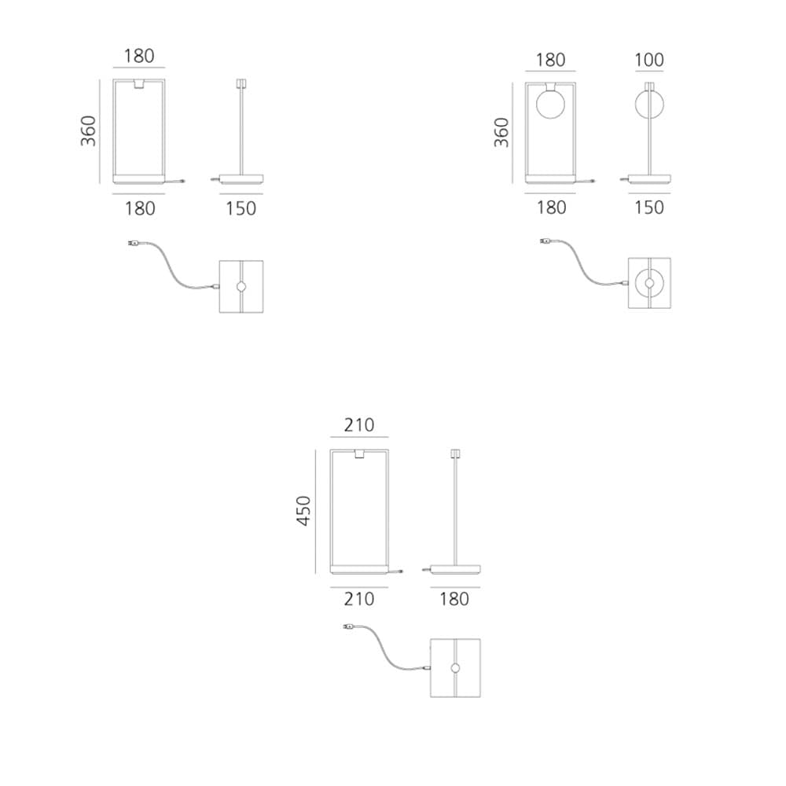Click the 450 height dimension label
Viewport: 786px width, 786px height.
[x=303, y=511]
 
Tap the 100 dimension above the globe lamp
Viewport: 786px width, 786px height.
[x=649, y=61]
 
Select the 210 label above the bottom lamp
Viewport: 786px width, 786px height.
[x=359, y=425]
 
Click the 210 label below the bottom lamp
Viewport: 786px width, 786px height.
[x=359, y=598]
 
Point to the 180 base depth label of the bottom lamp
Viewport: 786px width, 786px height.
[x=454, y=598]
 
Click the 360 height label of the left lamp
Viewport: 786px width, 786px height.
[x=88, y=130]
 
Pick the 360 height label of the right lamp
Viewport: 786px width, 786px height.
[x=501, y=132]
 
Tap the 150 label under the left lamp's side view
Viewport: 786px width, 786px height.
[x=241, y=208]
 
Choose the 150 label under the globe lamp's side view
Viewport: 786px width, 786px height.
[x=649, y=208]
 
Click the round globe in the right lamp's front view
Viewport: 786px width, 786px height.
[x=550, y=105]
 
